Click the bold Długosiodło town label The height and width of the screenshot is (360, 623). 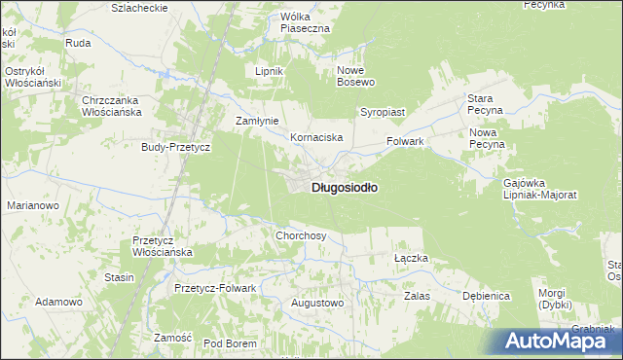345,187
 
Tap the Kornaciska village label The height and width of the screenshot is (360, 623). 316,138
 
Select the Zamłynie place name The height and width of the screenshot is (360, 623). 258,121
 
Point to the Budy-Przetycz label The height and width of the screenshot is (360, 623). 176,146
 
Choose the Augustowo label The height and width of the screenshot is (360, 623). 318,303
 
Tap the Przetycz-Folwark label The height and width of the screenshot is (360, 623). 214,288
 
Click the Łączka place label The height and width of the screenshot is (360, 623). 411,258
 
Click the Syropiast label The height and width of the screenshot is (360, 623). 383,112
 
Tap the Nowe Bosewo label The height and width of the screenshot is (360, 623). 356,77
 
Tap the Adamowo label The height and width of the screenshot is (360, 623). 57,303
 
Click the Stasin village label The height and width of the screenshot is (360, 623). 119,277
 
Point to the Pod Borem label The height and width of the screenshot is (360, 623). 230,343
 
